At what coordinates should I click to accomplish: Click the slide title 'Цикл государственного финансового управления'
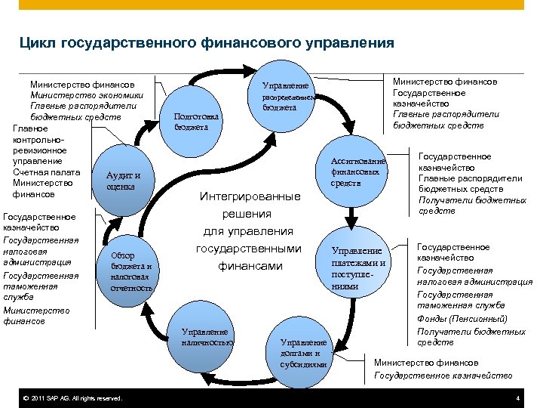pos(207,43)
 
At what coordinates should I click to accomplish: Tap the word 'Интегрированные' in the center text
pos(250,196)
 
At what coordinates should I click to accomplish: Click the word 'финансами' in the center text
pos(250,266)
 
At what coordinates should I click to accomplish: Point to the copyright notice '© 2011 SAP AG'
pos(72,398)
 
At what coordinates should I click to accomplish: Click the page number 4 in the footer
pos(517,398)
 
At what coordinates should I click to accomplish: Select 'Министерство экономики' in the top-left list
pos(86,95)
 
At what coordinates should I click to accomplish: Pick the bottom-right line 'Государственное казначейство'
pos(443,375)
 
